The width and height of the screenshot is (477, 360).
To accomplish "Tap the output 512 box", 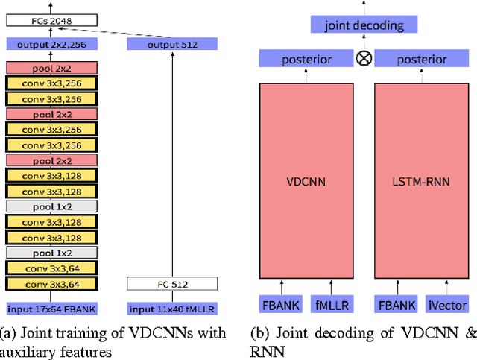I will [x=172, y=45].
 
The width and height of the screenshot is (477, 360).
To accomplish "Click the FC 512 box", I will [x=172, y=284].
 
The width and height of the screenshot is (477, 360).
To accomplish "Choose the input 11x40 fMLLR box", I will [x=172, y=309].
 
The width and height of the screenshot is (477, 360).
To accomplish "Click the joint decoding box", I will [x=364, y=25].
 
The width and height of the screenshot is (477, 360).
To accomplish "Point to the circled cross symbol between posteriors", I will [x=364, y=59].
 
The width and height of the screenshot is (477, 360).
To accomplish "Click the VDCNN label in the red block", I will [x=307, y=180].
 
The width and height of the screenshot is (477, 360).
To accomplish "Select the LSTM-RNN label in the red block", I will [x=422, y=180].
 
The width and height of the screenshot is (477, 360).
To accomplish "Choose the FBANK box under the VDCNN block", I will [x=281, y=306].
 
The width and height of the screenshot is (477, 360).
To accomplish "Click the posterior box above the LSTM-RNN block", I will [x=422, y=59].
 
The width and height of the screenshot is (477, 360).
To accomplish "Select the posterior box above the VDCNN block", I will [x=307, y=59].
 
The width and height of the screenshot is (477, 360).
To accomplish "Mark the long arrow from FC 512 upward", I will [x=172, y=164].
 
